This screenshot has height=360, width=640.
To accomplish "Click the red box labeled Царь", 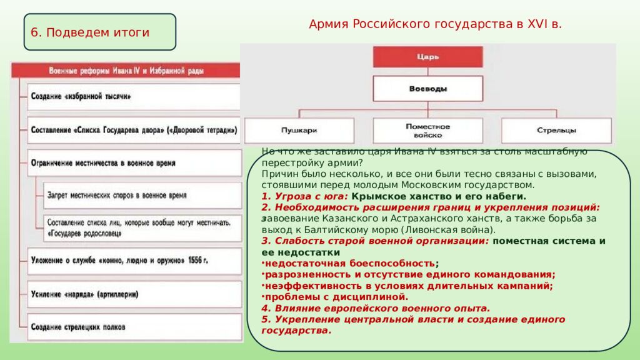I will tap(427, 57).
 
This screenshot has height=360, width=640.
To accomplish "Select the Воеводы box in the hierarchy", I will tap(427, 89).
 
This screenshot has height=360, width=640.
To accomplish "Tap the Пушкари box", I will tap(299, 131).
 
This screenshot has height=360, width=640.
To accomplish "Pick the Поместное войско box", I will tap(427, 131).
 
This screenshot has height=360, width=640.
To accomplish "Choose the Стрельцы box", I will tap(556, 131).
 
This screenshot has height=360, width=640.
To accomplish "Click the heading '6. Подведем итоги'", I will tap(91, 32).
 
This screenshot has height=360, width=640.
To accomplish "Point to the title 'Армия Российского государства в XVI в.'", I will tap(435, 24).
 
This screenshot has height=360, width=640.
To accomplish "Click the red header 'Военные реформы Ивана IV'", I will tap(126, 70).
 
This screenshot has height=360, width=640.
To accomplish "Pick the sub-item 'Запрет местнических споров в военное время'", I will tap(142, 196).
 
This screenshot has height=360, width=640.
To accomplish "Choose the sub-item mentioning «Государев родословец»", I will tap(142, 227).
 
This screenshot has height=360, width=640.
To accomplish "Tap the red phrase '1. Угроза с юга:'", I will tap(304, 196).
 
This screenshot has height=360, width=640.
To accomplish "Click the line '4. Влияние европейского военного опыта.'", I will tap(376, 308).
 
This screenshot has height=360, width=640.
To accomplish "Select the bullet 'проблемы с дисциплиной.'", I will tap(336, 297).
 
